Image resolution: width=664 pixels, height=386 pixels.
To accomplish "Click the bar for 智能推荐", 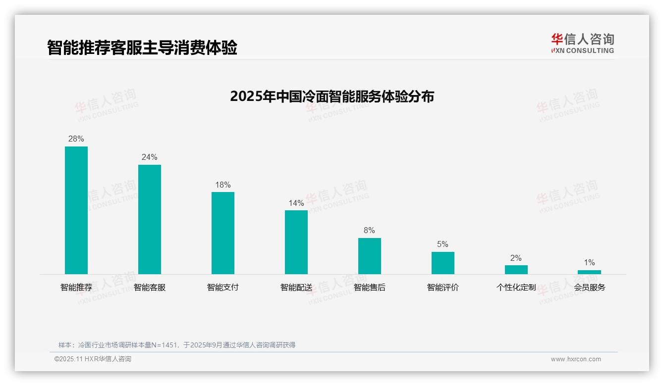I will (x=76, y=210).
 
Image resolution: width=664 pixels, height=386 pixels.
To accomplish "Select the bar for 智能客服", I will (x=150, y=219).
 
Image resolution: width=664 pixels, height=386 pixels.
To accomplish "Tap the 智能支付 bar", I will (x=223, y=233).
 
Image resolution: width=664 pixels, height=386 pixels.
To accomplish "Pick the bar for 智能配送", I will (x=296, y=242).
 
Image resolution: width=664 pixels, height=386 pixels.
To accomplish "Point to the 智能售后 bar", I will (x=370, y=256).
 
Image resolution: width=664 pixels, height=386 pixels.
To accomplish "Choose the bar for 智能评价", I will (x=443, y=263).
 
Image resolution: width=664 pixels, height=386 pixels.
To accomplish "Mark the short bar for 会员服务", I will (x=589, y=272).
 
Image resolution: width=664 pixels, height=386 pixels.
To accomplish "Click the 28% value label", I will (x=76, y=139).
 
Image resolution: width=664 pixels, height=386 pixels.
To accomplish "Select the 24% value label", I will (x=150, y=157).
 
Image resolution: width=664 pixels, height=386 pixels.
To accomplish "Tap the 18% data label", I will (x=223, y=185).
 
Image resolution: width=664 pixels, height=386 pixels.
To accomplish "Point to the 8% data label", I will (x=369, y=231).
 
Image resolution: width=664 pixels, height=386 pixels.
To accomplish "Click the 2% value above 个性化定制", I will (x=516, y=258).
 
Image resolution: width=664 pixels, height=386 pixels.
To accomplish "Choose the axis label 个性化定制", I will (x=516, y=288).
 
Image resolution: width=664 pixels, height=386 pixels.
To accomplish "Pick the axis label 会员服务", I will (x=590, y=288).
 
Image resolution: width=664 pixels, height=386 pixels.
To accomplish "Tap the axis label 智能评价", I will (x=443, y=288).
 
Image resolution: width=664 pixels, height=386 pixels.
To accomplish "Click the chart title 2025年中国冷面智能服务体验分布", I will (x=332, y=96).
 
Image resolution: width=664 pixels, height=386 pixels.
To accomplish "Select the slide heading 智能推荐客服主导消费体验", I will (x=142, y=48).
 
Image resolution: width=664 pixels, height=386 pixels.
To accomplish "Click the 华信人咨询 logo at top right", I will (x=583, y=43).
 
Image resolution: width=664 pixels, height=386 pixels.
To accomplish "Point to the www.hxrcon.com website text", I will (x=576, y=359).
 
